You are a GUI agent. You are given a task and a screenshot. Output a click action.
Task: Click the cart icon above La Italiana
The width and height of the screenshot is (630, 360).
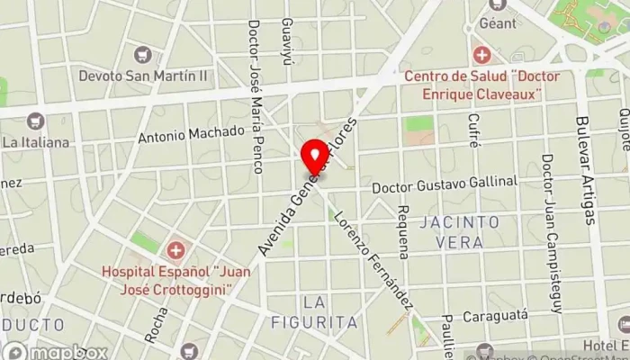point(35,121)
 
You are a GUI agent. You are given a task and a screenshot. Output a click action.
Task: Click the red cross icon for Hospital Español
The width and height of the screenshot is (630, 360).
point(175,248)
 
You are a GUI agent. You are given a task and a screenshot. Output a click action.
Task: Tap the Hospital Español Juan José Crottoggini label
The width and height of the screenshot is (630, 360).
point(175,279)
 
